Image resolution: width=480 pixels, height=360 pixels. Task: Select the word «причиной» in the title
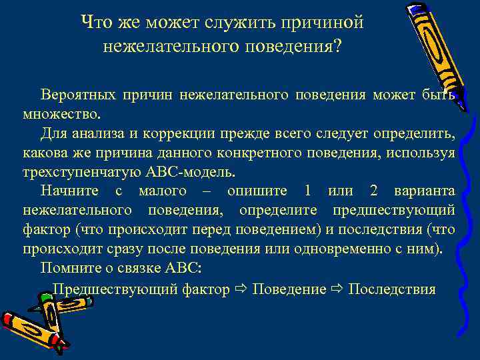click(331, 21)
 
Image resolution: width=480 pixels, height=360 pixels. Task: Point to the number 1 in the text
click(307, 191)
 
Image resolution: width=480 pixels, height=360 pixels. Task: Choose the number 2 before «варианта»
click(374, 191)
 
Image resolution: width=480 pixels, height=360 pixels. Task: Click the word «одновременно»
click(365, 249)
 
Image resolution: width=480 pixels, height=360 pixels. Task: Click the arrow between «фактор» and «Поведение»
click(241, 289)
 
